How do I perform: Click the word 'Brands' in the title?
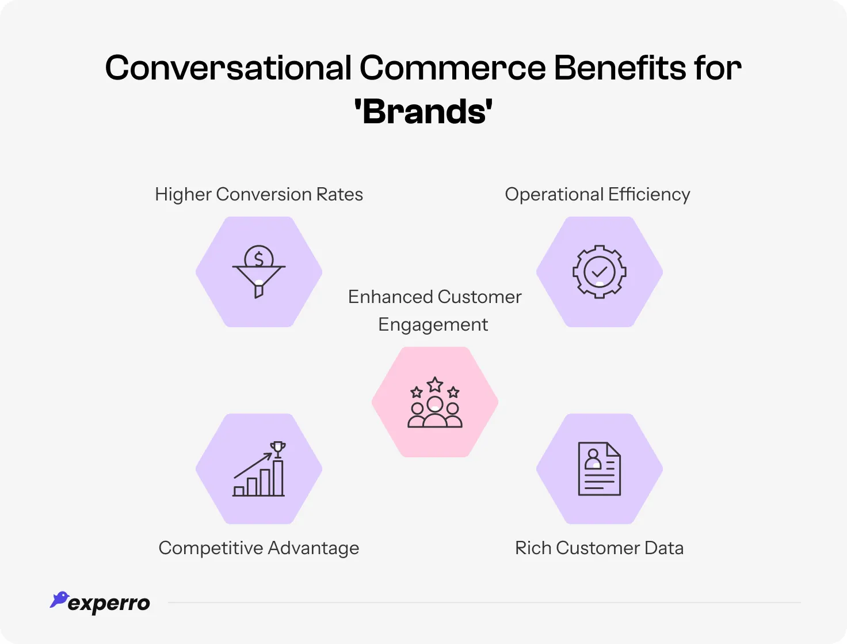click(x=424, y=112)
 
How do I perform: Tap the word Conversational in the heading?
click(x=228, y=68)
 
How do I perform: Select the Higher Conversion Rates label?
click(x=259, y=195)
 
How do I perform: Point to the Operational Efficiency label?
click(x=597, y=195)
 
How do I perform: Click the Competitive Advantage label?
click(x=259, y=548)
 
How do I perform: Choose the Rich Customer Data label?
click(x=599, y=548)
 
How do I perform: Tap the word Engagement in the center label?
click(x=433, y=325)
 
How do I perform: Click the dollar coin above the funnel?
click(x=259, y=257)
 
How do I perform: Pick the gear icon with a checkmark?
click(x=599, y=272)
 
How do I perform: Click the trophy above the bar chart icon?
click(x=278, y=449)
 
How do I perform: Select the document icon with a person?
click(x=599, y=469)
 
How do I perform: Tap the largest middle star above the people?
click(x=435, y=384)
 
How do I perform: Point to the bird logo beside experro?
click(x=59, y=599)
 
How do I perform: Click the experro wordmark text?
click(x=109, y=604)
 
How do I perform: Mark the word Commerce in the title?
click(x=452, y=68)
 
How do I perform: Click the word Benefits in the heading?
click(x=620, y=68)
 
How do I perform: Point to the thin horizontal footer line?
click(x=483, y=603)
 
